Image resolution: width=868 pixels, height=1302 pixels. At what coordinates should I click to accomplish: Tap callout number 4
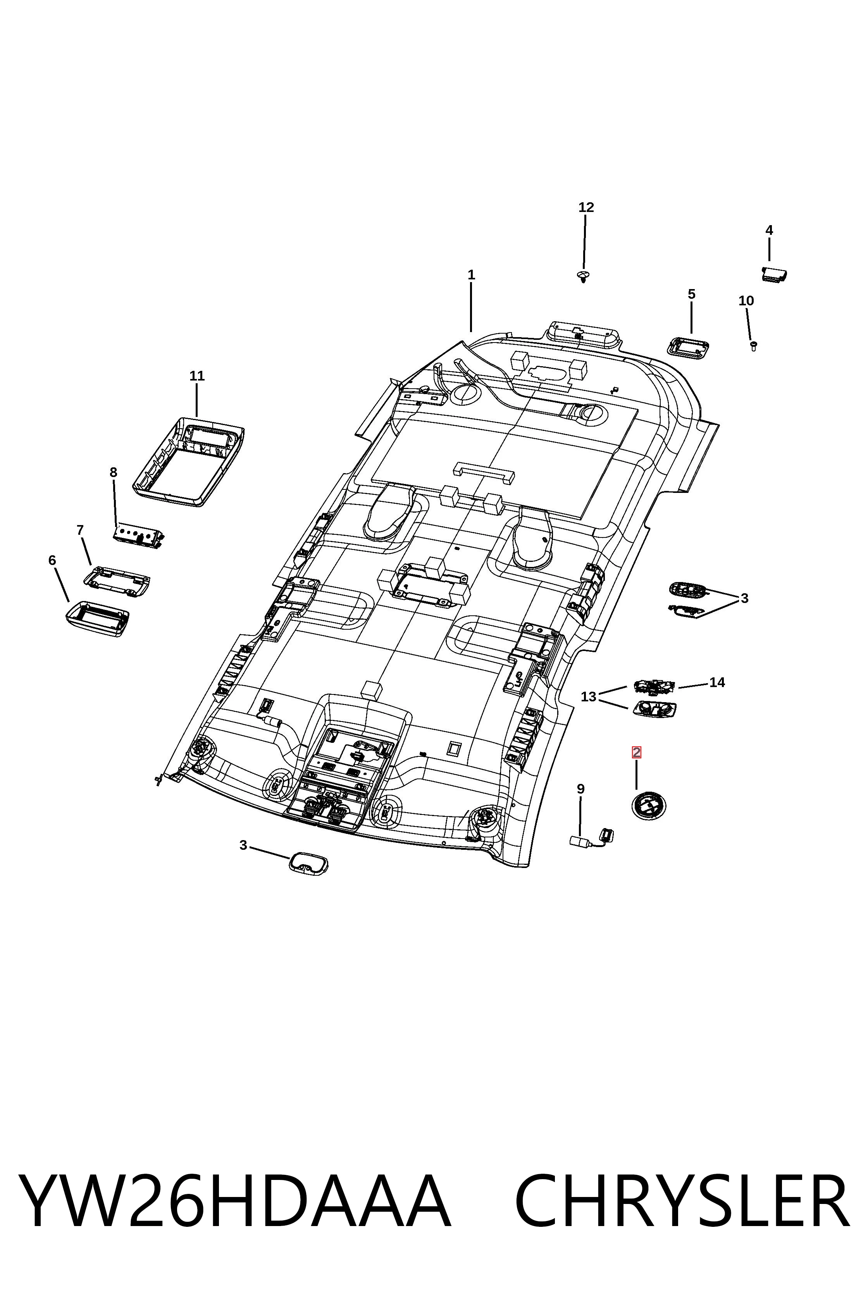click(769, 230)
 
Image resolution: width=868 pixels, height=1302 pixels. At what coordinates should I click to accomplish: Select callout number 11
click(197, 376)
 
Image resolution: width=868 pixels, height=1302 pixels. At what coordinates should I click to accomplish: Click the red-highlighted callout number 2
click(637, 752)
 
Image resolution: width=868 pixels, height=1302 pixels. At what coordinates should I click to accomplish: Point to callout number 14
click(717, 682)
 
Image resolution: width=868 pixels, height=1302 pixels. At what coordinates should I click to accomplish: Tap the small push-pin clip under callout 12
click(583, 276)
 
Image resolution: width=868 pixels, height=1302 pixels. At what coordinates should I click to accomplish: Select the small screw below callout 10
click(753, 346)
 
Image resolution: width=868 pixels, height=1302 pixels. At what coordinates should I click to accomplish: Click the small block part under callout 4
click(775, 274)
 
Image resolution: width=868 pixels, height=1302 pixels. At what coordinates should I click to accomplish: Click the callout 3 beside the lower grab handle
click(243, 845)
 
